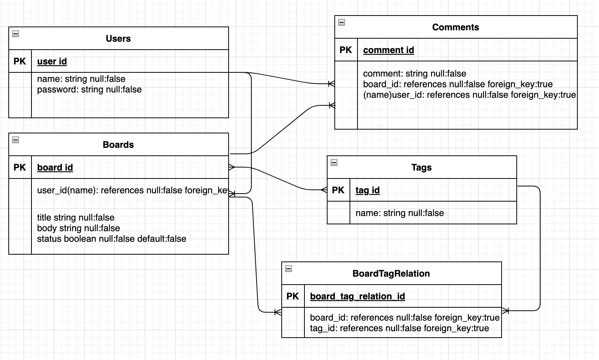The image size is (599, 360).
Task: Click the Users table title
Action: click(x=118, y=39)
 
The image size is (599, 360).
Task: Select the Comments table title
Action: click(x=455, y=27)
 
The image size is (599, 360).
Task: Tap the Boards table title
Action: click(x=118, y=145)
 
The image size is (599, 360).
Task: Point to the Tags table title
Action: click(x=421, y=167)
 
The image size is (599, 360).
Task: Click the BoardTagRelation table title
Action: click(x=391, y=274)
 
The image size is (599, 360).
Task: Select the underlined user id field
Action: click(x=52, y=61)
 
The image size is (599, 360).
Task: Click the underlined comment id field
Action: click(x=388, y=50)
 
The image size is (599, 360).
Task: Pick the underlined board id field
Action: click(x=55, y=167)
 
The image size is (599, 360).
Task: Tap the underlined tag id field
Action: click(x=367, y=190)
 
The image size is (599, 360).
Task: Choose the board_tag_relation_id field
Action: click(x=357, y=296)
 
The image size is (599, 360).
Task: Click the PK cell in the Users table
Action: click(x=20, y=61)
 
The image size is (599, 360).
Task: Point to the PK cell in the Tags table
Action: click(x=338, y=190)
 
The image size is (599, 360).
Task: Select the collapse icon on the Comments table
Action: click(x=342, y=22)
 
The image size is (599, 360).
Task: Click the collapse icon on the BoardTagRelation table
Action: click(x=289, y=269)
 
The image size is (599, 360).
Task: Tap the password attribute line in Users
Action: click(x=89, y=90)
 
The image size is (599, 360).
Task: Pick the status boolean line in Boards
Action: click(x=111, y=239)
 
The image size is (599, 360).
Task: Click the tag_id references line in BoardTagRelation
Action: click(x=399, y=329)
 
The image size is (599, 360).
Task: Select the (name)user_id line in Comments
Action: click(x=469, y=95)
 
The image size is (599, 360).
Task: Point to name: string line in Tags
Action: click(x=400, y=213)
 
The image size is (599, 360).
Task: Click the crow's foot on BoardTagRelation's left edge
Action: click(x=278, y=312)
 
